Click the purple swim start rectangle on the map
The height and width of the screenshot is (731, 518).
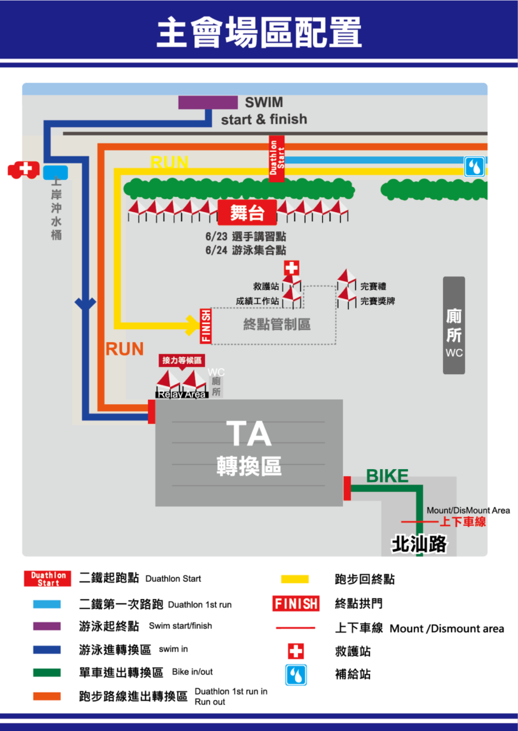click(208, 103)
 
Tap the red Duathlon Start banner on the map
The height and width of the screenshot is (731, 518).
click(277, 159)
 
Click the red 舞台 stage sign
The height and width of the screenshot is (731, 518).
click(247, 213)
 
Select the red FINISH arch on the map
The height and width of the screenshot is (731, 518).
click(205, 326)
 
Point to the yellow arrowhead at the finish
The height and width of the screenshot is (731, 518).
click(194, 325)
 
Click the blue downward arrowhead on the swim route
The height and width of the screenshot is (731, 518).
click(86, 304)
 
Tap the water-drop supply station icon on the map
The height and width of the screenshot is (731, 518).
click(474, 166)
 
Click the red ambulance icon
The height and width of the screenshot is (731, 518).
click(24, 170)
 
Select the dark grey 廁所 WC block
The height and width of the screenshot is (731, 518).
click(454, 326)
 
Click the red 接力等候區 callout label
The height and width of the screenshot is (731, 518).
click(181, 361)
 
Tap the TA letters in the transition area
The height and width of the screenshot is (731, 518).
click(249, 434)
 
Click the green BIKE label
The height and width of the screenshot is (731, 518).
click(387, 476)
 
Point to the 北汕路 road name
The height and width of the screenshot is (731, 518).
click(419, 544)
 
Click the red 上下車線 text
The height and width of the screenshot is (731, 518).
click(462, 522)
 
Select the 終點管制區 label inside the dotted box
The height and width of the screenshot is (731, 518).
click(277, 325)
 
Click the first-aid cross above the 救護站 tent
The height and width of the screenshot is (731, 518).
click(292, 268)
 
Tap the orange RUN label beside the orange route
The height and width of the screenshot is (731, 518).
click(124, 349)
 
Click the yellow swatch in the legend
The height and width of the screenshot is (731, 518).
click(295, 579)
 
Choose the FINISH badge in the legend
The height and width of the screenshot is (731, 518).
click(296, 604)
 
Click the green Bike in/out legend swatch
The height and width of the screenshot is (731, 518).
click(46, 672)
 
